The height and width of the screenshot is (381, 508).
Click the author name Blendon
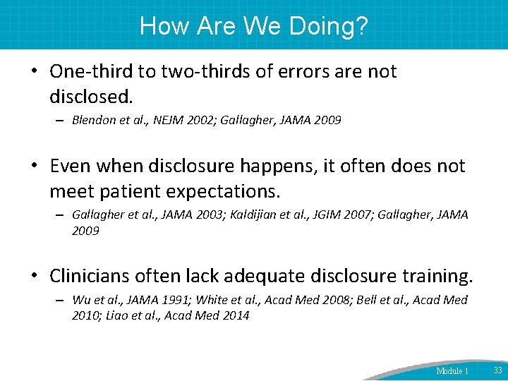92,121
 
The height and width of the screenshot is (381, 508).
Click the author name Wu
80,300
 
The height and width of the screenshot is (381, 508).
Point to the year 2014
235,315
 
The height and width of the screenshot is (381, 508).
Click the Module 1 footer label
452,370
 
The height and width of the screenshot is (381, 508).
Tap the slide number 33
497,370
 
